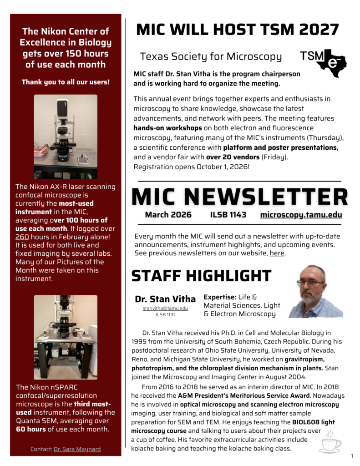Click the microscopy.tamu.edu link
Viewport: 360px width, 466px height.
[301, 215]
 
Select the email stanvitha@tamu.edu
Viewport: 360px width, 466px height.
[165, 308]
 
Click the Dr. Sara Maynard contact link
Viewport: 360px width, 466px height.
[77, 449]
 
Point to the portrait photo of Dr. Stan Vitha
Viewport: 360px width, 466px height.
[315, 292]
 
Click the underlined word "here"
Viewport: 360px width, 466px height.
[277, 253]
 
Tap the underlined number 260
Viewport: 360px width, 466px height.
[22, 237]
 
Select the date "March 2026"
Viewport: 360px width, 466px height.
[168, 215]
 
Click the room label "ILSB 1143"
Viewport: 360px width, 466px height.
[228, 215]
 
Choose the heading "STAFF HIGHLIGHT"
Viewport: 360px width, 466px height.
[201, 276]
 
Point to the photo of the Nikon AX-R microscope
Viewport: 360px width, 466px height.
[66, 136]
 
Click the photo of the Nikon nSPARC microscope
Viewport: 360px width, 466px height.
[66, 337]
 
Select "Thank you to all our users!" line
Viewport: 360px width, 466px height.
[66, 82]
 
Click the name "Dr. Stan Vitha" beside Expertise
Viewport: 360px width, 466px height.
[165, 299]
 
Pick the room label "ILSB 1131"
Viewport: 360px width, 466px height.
[165, 314]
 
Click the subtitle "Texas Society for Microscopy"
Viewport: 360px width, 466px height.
[211, 56]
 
